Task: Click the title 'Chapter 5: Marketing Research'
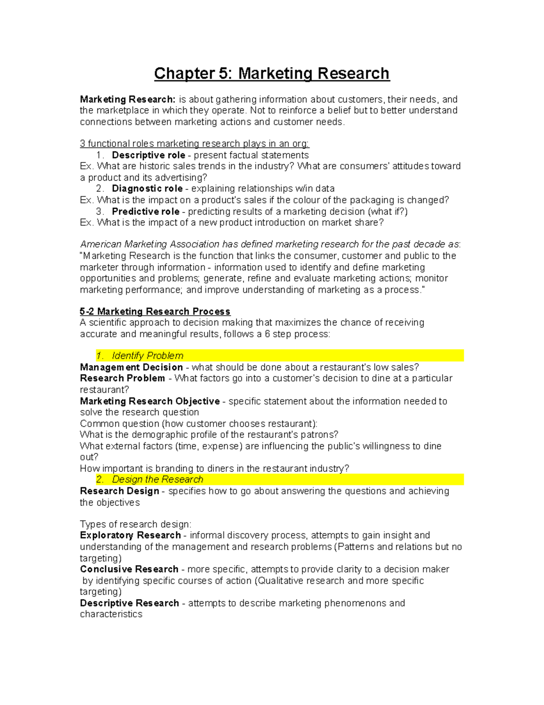click(x=272, y=74)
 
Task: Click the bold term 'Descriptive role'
click(x=148, y=155)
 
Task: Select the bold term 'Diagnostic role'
click(x=147, y=189)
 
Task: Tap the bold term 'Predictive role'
click(x=146, y=212)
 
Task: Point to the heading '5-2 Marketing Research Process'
click(x=155, y=311)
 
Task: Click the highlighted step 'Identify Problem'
click(x=147, y=356)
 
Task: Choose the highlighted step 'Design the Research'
click(x=157, y=480)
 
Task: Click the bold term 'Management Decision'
click(x=131, y=367)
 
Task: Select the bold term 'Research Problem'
click(x=122, y=379)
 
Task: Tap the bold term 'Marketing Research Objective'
click(x=150, y=401)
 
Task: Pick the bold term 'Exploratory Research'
click(x=130, y=536)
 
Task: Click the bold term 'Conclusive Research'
click(x=129, y=569)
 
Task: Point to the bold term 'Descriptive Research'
click(x=129, y=603)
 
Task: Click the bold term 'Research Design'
click(x=119, y=491)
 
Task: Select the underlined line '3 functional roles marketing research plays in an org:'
click(x=194, y=144)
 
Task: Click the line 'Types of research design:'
click(x=136, y=524)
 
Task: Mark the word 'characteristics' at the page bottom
click(x=111, y=614)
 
